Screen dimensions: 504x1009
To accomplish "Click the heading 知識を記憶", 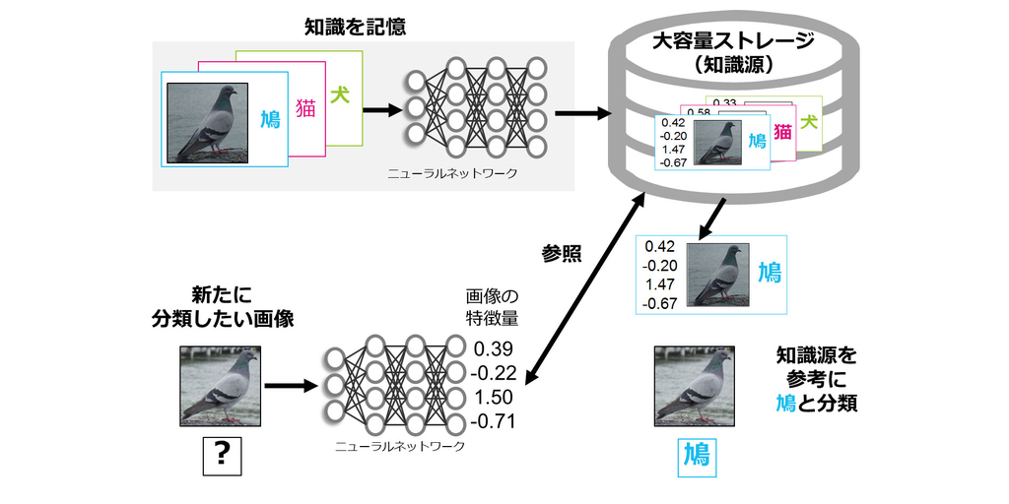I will (x=355, y=27).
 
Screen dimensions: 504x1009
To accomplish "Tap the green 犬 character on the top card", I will (x=342, y=99).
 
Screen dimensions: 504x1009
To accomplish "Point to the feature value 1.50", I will (x=493, y=399).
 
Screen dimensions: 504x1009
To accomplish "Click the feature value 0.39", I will (x=493, y=349).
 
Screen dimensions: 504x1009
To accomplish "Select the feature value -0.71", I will (x=493, y=423).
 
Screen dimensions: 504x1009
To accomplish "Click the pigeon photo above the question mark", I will (x=221, y=386).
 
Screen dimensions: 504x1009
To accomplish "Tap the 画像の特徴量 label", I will (x=492, y=307).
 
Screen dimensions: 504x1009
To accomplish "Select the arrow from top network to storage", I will (x=580, y=112).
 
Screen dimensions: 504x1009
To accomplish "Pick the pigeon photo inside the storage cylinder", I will (x=716, y=143).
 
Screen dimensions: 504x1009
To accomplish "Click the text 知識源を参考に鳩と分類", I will (x=816, y=379).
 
